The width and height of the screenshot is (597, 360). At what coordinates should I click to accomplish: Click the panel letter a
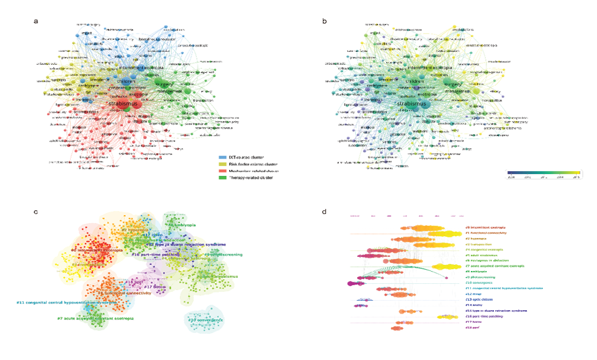coord(36,21)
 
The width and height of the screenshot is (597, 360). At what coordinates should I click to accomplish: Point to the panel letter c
coord(36,212)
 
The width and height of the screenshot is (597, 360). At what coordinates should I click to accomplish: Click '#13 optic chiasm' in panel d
coord(481,299)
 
